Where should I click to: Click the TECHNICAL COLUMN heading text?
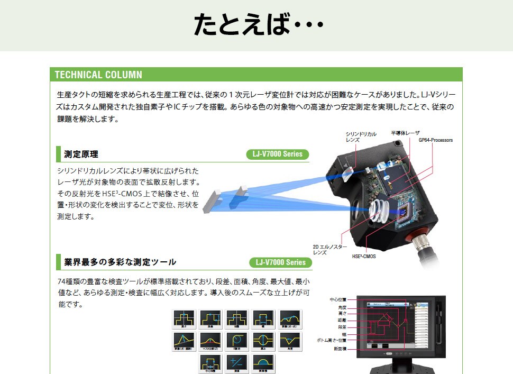pos(98,75)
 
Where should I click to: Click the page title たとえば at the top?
pos(258,25)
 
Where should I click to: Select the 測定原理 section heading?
pos(81,154)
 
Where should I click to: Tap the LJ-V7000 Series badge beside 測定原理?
pos(278,154)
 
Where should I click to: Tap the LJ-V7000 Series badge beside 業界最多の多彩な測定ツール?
pos(280,262)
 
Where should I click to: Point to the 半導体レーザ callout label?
pos(405,133)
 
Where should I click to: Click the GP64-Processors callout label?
pos(435,140)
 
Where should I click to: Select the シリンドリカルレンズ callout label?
pos(361,137)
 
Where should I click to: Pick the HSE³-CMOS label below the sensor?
pos(363,257)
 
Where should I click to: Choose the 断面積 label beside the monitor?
pos(341,349)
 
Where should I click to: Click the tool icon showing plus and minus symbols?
pos(236,362)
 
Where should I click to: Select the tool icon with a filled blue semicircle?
pos(263,362)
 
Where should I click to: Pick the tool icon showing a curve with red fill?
pos(210,340)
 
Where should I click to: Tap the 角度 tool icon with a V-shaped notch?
pos(290,340)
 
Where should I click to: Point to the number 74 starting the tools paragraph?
pos(61,281)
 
